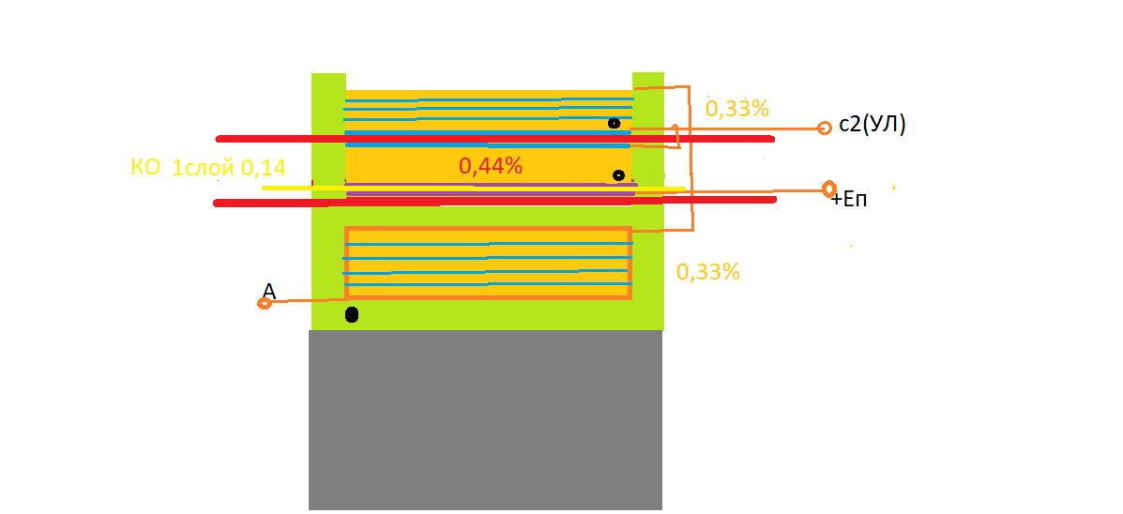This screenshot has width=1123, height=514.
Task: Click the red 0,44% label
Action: click(x=491, y=166)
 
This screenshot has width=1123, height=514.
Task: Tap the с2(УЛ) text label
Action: click(x=873, y=126)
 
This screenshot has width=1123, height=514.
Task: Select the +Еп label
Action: click(x=849, y=200)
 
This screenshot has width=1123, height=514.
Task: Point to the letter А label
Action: click(x=269, y=290)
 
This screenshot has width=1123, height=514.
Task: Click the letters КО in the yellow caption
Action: click(x=145, y=168)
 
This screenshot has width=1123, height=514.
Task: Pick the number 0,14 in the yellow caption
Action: click(x=264, y=168)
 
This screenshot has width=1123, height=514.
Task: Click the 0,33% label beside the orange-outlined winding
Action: click(x=707, y=272)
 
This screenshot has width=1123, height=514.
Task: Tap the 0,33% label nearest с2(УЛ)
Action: click(x=737, y=108)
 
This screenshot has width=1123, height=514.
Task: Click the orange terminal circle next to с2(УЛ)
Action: click(x=825, y=128)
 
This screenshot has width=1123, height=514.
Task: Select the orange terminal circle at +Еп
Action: click(x=829, y=189)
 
